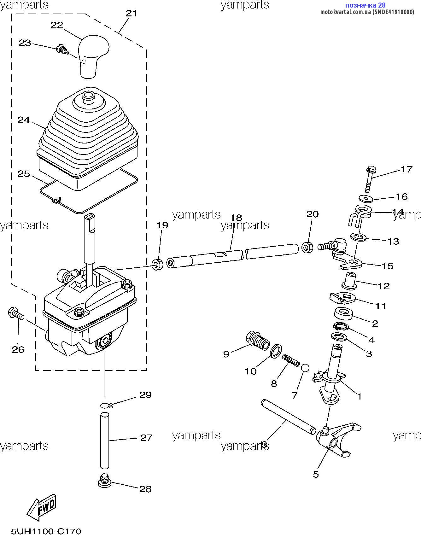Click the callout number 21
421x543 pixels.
tap(132, 13)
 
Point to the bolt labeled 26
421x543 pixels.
tap(16, 314)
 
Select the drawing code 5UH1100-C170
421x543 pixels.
tap(46, 531)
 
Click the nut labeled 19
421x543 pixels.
tap(157, 264)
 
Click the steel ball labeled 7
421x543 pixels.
tap(305, 368)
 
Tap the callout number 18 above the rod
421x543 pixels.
tap(236, 218)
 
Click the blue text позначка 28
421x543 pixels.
tap(365, 5)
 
